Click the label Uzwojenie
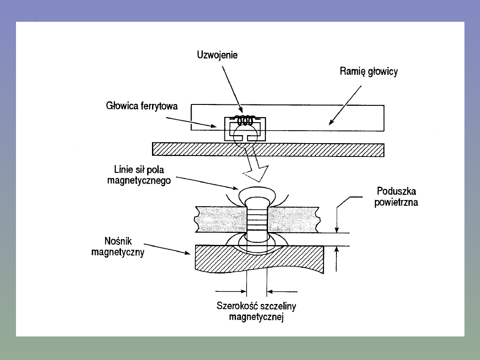coord(217,55)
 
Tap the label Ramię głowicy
coord(368,72)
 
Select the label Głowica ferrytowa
coord(142,106)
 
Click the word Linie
coord(124,169)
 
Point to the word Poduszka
coord(396,191)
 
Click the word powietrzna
coord(396,202)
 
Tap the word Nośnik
coord(118,241)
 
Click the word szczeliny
coord(278,306)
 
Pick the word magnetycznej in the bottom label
coord(256,317)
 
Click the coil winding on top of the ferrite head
coord(245,120)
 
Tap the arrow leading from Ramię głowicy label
coord(345,105)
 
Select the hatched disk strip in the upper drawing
coord(268,150)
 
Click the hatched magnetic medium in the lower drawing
coord(259,258)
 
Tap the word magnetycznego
coord(139,180)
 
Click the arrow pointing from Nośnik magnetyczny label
coord(167,249)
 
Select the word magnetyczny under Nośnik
coord(118,252)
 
